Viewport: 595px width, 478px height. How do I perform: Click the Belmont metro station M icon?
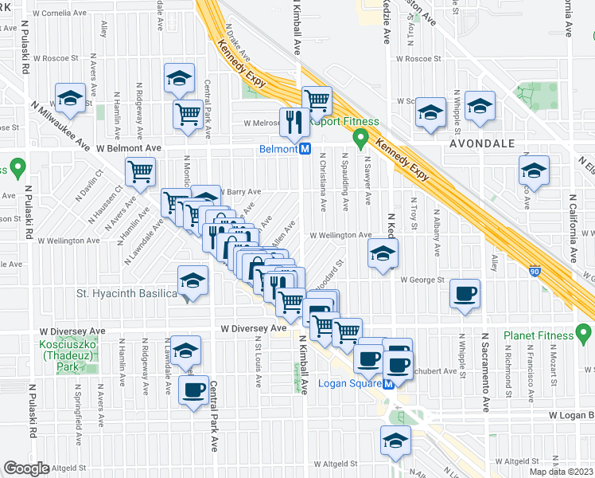(x=305, y=149)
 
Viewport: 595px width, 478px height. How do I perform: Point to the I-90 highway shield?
(x=531, y=272)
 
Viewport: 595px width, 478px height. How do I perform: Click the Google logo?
(x=26, y=468)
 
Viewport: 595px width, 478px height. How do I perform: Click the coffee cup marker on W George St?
(x=465, y=293)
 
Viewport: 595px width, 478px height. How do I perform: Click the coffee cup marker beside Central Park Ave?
(x=193, y=390)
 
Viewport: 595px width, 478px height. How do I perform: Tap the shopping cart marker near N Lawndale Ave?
(x=140, y=170)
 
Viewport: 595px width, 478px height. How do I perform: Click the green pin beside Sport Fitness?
(x=361, y=139)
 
